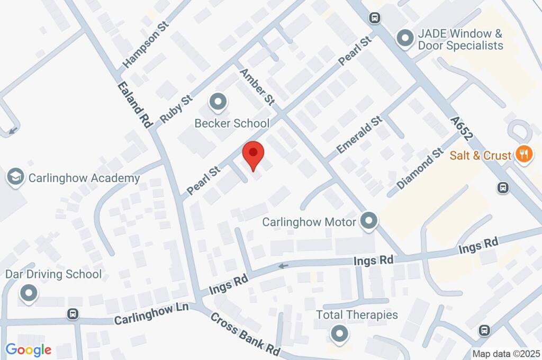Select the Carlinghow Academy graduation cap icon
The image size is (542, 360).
point(16,177)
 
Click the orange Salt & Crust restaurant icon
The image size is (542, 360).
point(524,155)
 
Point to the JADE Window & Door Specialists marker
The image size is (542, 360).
point(405,39)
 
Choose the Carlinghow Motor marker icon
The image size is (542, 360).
point(368,221)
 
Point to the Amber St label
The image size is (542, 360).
point(258,86)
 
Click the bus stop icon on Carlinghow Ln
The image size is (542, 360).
point(73,314)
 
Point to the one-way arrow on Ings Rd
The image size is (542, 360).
point(284,266)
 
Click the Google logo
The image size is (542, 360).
point(29,350)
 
